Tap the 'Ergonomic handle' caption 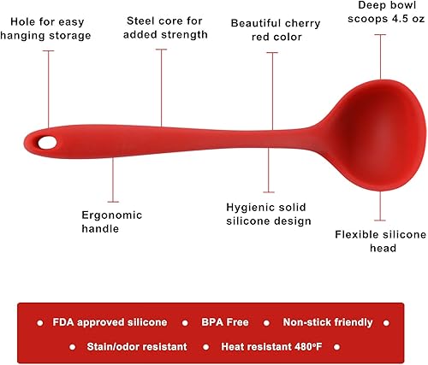pos(111,221)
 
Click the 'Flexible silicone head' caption pos(377,240)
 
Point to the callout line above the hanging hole pos(48,85)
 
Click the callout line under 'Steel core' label pos(160,85)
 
